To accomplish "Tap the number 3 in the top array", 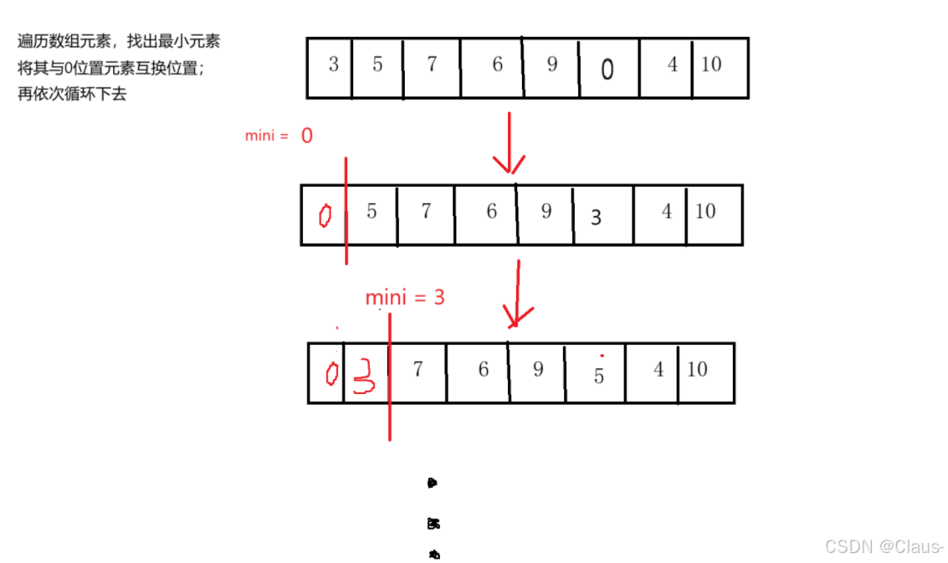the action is [333, 64].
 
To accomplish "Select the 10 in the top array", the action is [711, 64].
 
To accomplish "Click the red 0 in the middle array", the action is [325, 217].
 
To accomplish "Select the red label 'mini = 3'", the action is [405, 297].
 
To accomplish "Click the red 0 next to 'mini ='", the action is [306, 136].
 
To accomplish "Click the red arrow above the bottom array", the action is [518, 293].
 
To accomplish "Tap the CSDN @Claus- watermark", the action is [884, 546].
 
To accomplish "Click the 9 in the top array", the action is [551, 64].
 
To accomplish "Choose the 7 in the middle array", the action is [425, 211].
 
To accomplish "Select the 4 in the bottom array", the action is [658, 369].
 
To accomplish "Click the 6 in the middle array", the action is [491, 211].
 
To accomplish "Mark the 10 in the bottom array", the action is [697, 369].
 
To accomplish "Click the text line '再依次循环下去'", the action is [72, 95].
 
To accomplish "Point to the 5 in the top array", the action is [377, 64].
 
